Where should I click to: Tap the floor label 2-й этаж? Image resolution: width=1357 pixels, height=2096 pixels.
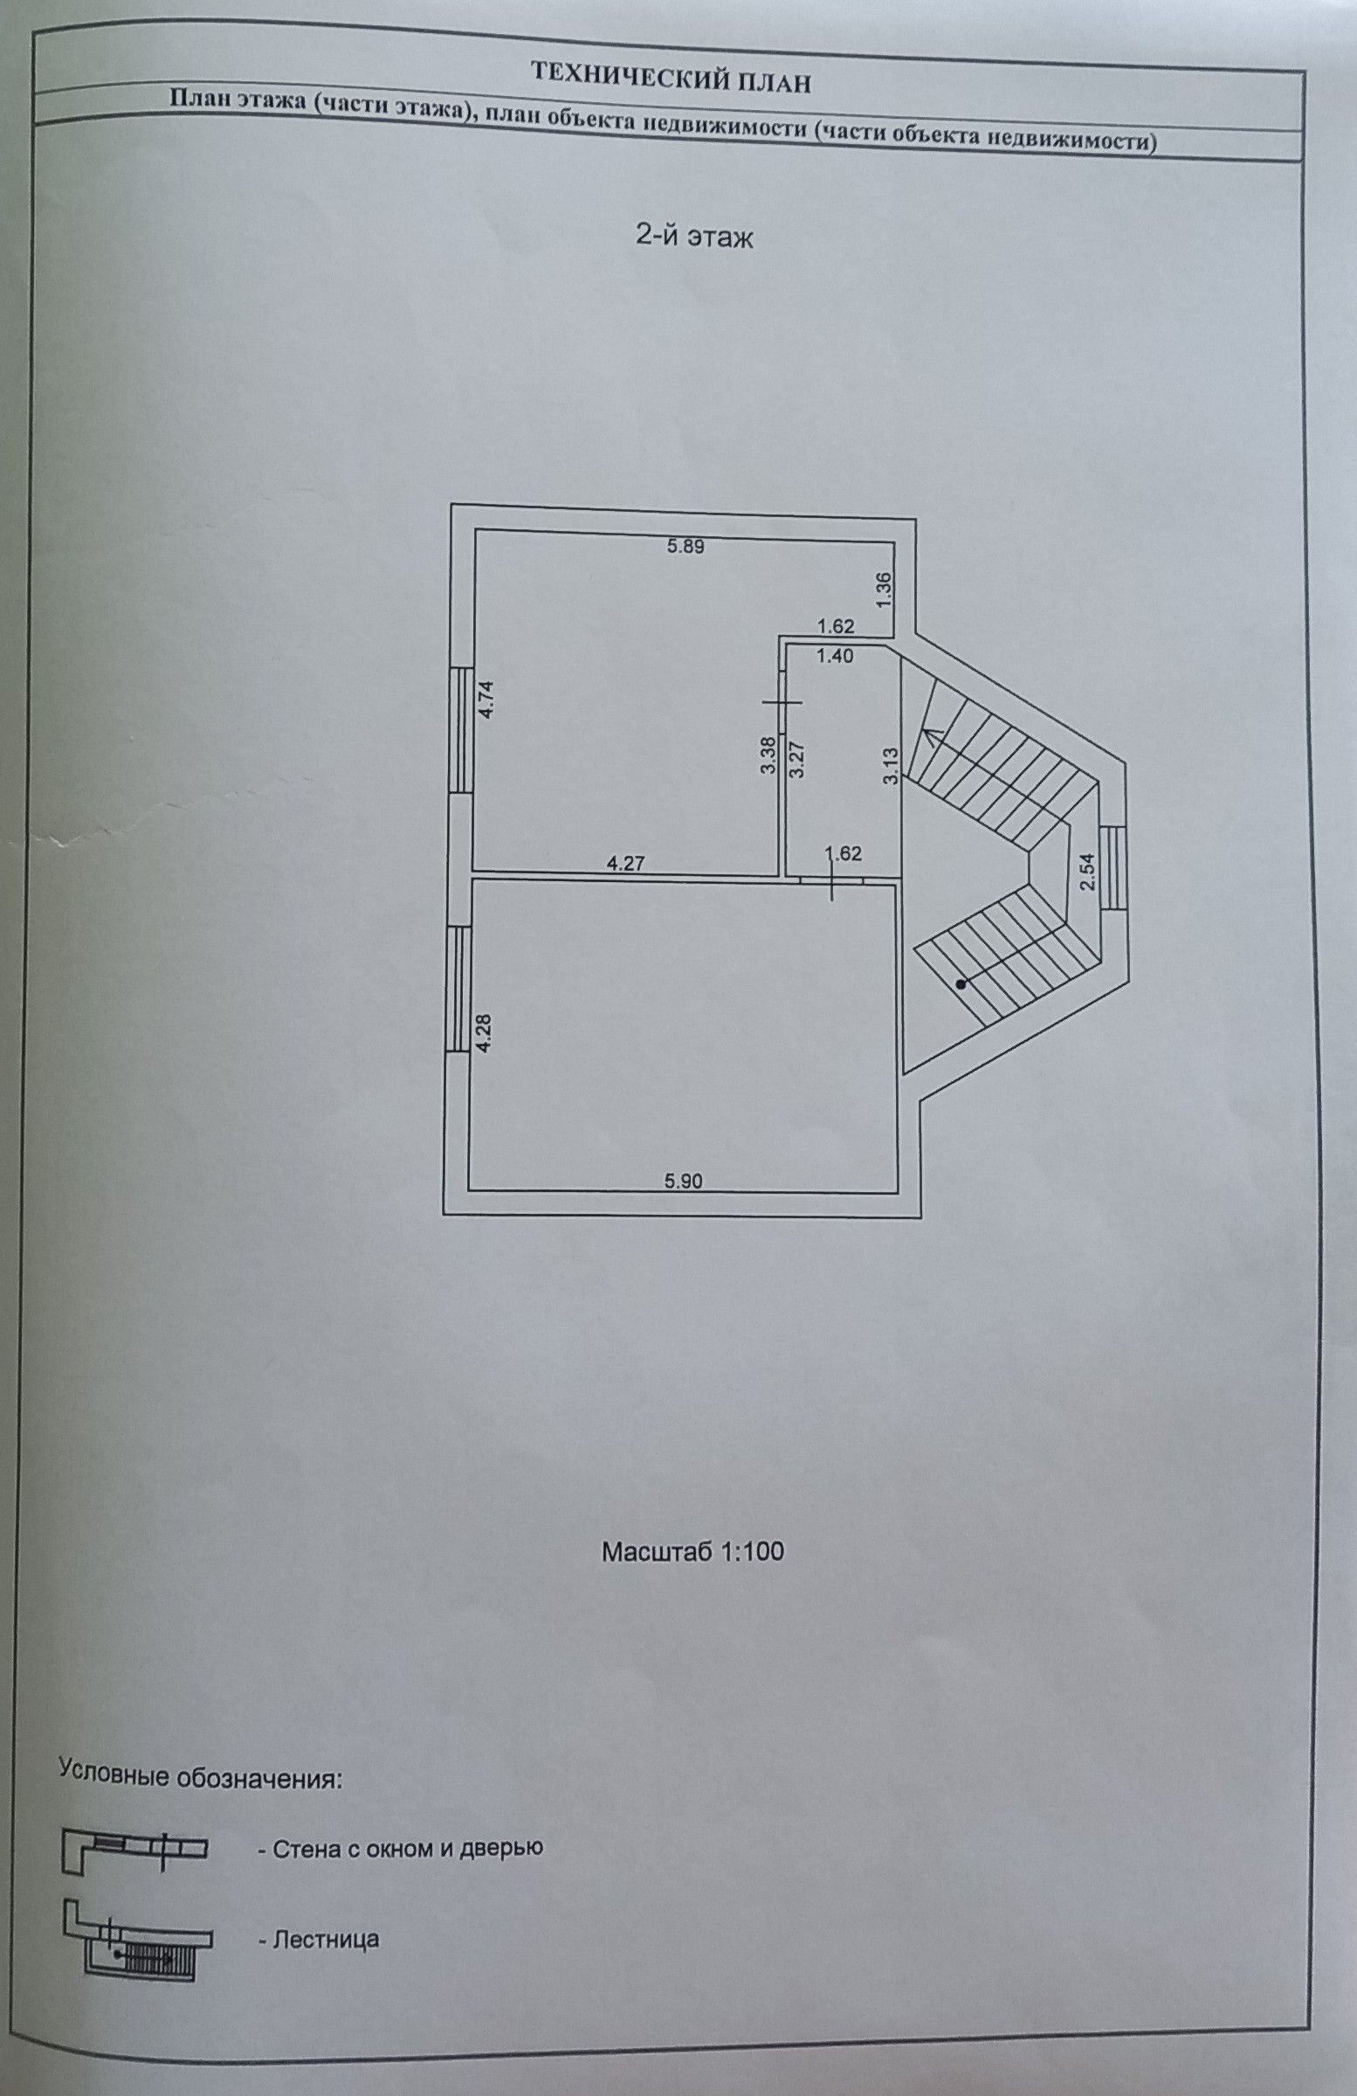[694, 237]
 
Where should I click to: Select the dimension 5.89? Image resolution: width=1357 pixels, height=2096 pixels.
[686, 546]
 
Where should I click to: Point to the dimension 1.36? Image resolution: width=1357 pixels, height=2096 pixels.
[885, 589]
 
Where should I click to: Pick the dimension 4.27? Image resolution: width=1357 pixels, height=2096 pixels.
[627, 864]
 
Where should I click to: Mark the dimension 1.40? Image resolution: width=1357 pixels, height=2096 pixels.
[834, 656]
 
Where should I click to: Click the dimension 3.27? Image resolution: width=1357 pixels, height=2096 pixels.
[796, 755]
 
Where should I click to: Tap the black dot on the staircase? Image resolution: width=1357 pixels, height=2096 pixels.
[961, 984]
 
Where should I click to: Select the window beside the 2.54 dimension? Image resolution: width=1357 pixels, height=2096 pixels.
[1112, 867]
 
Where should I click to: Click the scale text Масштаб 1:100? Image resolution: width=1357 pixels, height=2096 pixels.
[692, 1551]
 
